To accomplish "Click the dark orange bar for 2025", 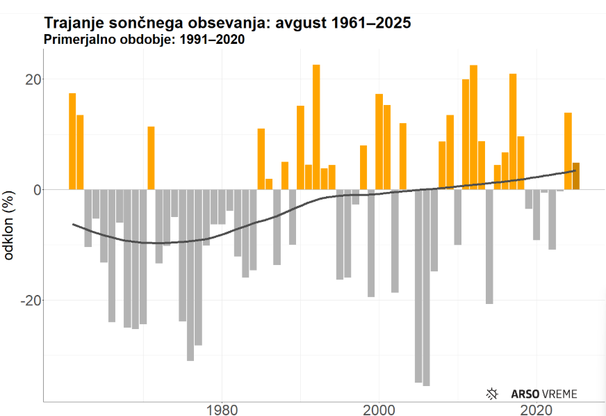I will (576, 176).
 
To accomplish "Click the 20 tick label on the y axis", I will (27, 79).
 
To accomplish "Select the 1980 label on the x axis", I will (222, 409).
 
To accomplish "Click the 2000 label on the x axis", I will (379, 409).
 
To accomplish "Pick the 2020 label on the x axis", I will (537, 409).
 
